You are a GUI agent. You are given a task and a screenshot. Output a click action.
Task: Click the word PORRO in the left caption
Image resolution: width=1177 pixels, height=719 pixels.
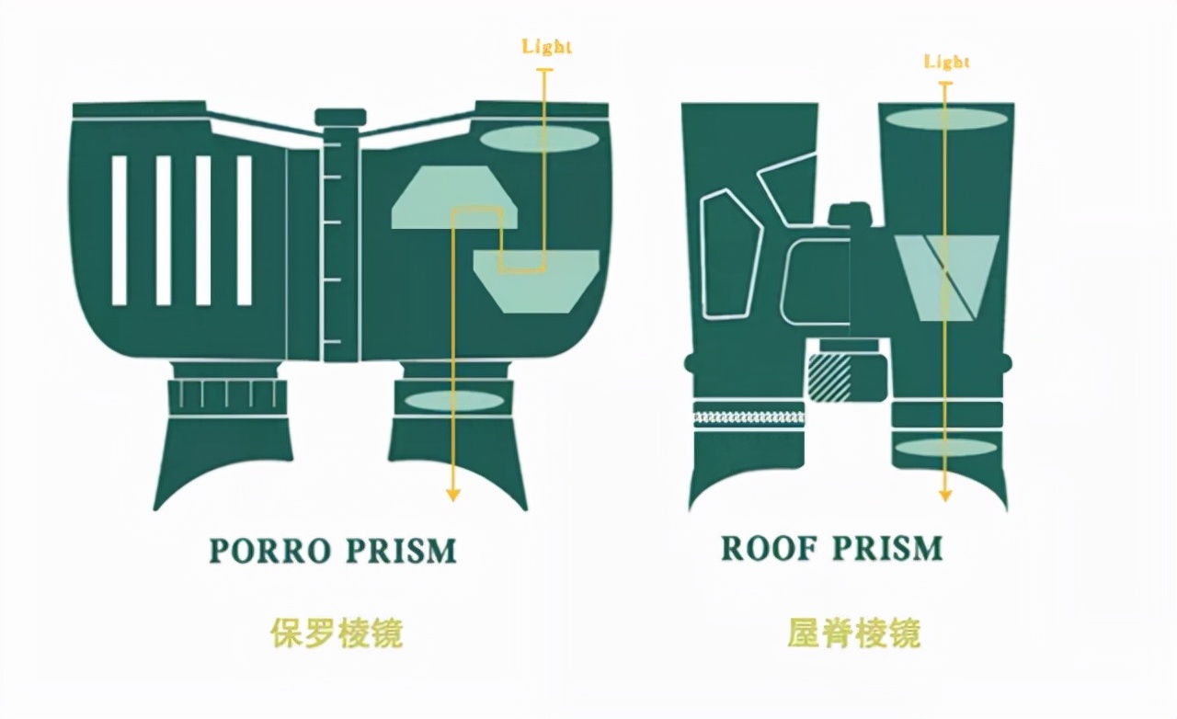click(269, 551)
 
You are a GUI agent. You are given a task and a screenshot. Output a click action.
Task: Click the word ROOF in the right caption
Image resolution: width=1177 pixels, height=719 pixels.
click(769, 549)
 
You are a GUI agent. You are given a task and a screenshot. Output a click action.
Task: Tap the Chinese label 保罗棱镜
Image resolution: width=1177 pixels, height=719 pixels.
click(337, 633)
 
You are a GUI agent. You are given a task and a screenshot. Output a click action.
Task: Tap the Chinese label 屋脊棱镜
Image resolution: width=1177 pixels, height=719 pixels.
click(853, 633)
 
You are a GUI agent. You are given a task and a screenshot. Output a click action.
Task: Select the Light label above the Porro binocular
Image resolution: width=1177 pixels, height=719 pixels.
click(547, 47)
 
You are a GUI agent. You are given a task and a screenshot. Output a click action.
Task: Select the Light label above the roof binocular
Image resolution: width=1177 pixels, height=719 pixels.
click(946, 63)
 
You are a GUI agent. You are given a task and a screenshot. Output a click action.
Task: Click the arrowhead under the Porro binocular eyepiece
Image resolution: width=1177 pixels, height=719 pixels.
click(452, 494)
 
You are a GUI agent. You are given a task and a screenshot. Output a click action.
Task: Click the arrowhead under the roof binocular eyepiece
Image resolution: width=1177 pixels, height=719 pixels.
click(944, 494)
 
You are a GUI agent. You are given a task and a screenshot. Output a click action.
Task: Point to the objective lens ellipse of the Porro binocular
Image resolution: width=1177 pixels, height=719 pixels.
click(539, 139)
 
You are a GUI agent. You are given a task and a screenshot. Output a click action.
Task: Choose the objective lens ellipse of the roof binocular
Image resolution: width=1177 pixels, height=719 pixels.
click(944, 119)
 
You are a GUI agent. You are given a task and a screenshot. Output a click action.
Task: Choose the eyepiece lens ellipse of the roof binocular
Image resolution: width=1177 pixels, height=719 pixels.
click(946, 448)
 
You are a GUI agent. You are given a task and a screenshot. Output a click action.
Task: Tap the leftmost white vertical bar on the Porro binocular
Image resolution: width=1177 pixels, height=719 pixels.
click(120, 230)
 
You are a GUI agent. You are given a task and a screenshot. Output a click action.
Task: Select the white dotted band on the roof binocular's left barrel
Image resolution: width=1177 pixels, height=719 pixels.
click(748, 417)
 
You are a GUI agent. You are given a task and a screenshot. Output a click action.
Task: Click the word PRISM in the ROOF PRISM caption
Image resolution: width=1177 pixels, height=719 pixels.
click(887, 549)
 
